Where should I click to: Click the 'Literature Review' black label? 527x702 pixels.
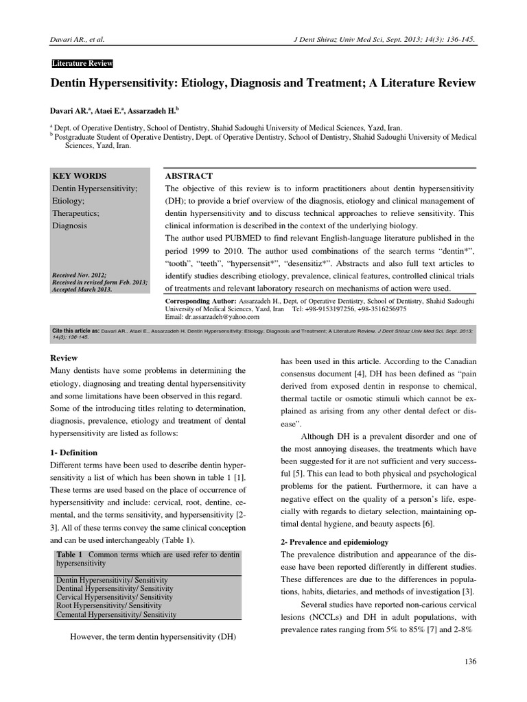pyautogui.click(x=82, y=64)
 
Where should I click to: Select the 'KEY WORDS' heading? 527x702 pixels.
pyautogui.click(x=80, y=176)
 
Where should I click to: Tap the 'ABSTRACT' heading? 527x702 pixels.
pyautogui.click(x=189, y=176)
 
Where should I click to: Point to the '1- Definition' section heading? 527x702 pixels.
pyautogui.click(x=75, y=452)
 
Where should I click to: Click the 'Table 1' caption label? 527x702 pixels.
pyautogui.click(x=69, y=553)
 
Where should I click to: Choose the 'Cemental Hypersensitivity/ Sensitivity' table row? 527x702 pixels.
pyautogui.click(x=117, y=615)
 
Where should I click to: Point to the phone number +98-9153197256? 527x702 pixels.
pyautogui.click(x=326, y=309)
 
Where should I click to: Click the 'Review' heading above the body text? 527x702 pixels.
pyautogui.click(x=65, y=358)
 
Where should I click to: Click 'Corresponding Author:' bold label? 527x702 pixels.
pyautogui.click(x=201, y=301)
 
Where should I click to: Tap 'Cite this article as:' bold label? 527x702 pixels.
pyautogui.click(x=75, y=330)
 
